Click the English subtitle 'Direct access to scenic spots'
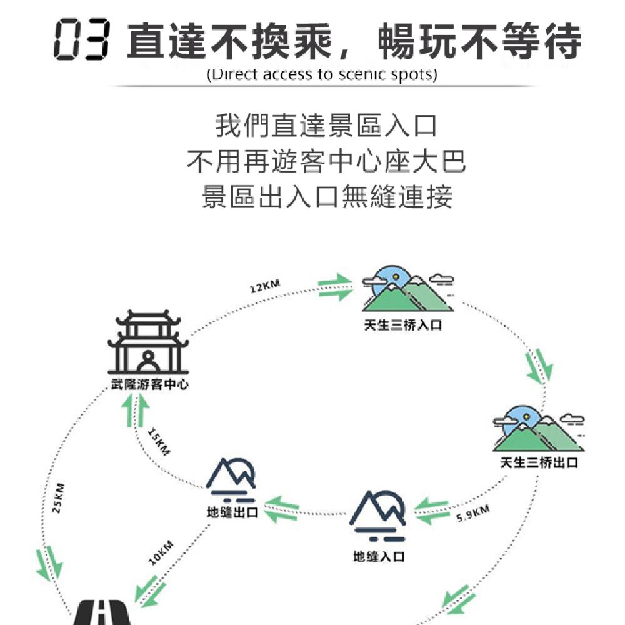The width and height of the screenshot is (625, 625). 321,75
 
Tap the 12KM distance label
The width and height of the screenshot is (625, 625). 264,286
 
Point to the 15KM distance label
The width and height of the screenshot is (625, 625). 159,442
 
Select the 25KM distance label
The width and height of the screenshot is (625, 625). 58,498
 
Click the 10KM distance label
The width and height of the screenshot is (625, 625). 161,552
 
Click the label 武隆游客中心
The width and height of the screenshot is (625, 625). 149,384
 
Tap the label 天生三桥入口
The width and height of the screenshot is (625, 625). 403,325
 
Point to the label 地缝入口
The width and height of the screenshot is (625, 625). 378,556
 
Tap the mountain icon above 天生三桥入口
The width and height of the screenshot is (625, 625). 406,288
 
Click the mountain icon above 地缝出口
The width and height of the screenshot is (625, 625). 232,479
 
